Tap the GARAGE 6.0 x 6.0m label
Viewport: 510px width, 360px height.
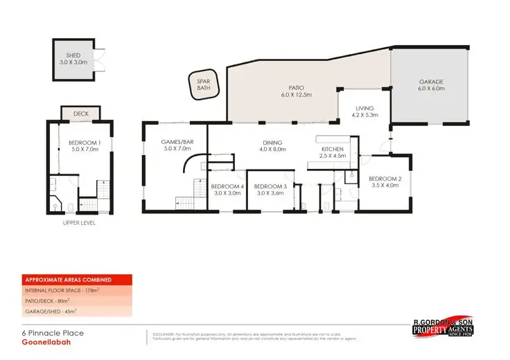pyautogui.click(x=430, y=85)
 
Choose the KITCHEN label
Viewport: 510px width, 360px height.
pyautogui.click(x=332, y=152)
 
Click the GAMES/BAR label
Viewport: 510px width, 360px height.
pyautogui.click(x=175, y=144)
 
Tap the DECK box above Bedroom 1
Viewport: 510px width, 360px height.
pyautogui.click(x=81, y=113)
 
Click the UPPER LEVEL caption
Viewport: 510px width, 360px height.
pyautogui.click(x=78, y=223)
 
